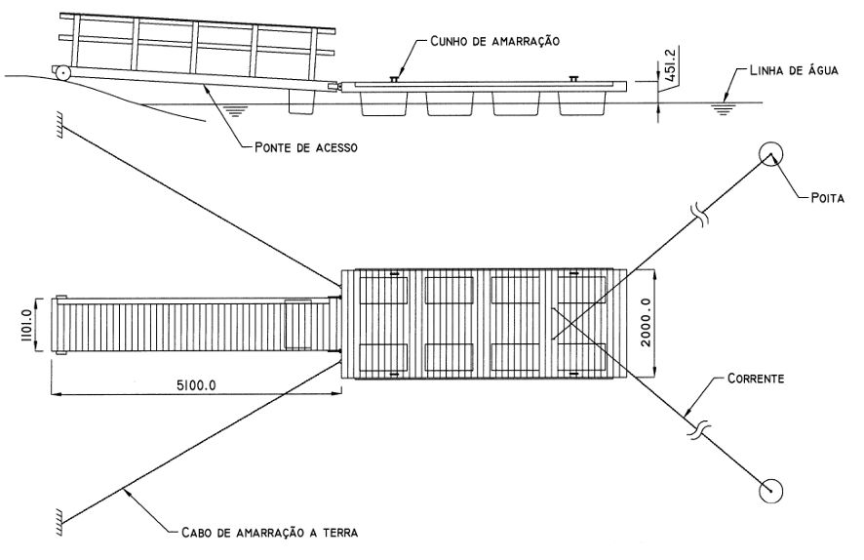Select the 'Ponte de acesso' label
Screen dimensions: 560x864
[x=304, y=148]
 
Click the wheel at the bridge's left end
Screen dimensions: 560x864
[x=61, y=71]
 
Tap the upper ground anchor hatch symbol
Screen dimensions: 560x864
[x=60, y=123]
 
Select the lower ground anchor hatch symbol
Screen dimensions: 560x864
[x=60, y=515]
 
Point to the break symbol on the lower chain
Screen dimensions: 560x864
[x=698, y=428]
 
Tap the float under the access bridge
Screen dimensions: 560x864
[x=303, y=100]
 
